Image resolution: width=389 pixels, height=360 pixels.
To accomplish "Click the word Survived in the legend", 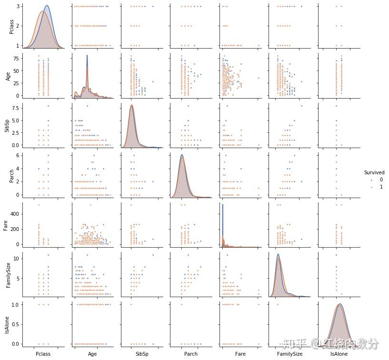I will pyautogui.click(x=374, y=172).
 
